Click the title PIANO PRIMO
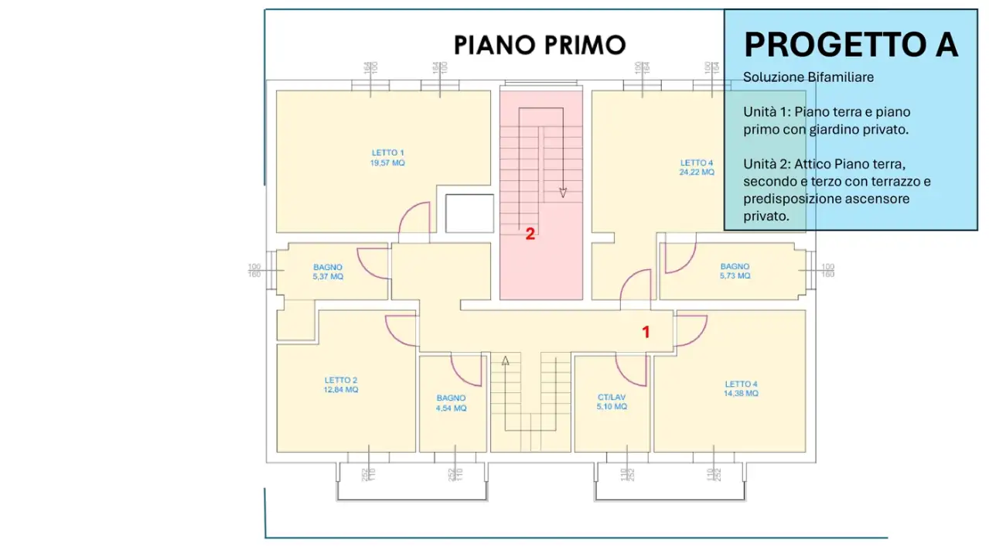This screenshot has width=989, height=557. tap(539, 45)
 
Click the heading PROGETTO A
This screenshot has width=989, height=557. tap(851, 45)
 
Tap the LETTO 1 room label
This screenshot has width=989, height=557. tap(387, 152)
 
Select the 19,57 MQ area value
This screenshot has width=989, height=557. tap(387, 163)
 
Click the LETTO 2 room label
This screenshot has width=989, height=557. tap(341, 380)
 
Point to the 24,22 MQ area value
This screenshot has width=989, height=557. tap(697, 173)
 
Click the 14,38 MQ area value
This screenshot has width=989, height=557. tap(741, 394)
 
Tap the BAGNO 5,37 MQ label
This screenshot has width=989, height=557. tap(328, 272)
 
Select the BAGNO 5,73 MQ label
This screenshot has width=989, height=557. tap(735, 272)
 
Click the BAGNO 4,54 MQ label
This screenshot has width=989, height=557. tap(452, 403)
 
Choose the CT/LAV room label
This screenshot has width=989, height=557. tap(612, 397)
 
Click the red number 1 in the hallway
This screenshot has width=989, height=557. tap(646, 333)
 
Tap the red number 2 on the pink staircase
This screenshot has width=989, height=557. tap(530, 234)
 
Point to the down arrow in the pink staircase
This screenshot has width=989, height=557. tap(563, 192)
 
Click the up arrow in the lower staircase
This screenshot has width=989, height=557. tap(506, 360)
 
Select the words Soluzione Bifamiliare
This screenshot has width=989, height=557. tap(808, 77)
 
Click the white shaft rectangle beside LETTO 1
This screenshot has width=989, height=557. tap(469, 213)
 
